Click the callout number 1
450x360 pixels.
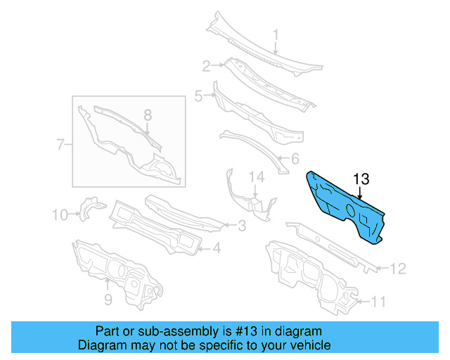coord(276,34)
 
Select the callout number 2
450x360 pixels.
coord(207,67)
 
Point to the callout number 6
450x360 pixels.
coord(295,158)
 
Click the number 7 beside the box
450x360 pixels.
coord(60,146)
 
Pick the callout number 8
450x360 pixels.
coord(148,115)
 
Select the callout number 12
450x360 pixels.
coord(397,268)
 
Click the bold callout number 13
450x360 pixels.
coord(361,179)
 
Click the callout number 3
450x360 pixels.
coord(241,226)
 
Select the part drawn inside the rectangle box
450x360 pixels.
coord(127,141)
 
